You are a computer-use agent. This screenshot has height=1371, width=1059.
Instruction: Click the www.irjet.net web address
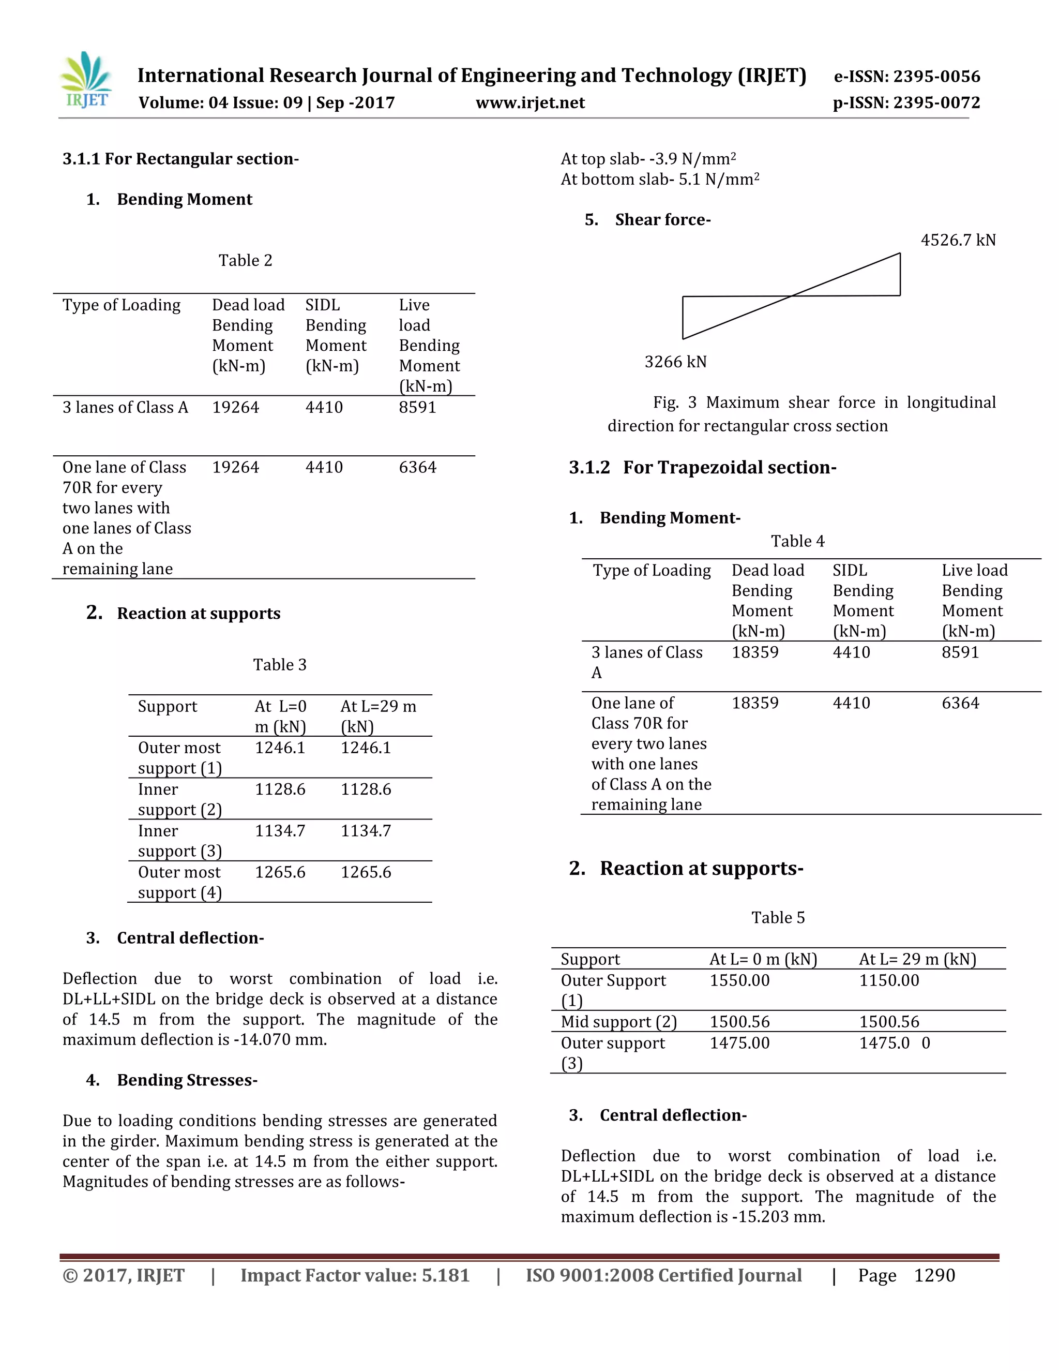point(530,103)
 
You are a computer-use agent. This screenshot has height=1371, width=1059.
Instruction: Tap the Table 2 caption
point(245,261)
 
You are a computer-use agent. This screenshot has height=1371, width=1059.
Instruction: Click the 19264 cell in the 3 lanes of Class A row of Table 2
point(235,407)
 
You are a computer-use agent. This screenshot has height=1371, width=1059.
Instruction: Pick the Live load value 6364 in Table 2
point(417,467)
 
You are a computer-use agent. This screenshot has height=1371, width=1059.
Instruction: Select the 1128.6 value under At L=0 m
point(280,789)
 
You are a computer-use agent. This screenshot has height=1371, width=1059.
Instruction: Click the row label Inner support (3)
point(179,841)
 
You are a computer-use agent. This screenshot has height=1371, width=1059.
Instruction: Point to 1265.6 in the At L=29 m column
point(366,872)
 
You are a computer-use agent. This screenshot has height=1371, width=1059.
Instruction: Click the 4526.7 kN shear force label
point(957,240)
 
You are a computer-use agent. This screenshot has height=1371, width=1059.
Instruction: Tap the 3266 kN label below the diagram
point(675,362)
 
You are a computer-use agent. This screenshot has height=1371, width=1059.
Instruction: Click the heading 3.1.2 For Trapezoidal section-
point(702,468)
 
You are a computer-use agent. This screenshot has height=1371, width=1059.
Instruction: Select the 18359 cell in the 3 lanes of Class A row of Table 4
point(755,652)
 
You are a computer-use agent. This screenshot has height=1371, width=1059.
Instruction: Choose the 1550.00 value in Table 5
point(739,980)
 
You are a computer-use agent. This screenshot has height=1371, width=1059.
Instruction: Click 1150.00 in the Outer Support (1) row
point(888,980)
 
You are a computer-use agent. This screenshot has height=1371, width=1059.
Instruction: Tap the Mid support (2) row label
point(618,1022)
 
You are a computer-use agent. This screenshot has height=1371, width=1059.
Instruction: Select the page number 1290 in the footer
point(934,1276)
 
